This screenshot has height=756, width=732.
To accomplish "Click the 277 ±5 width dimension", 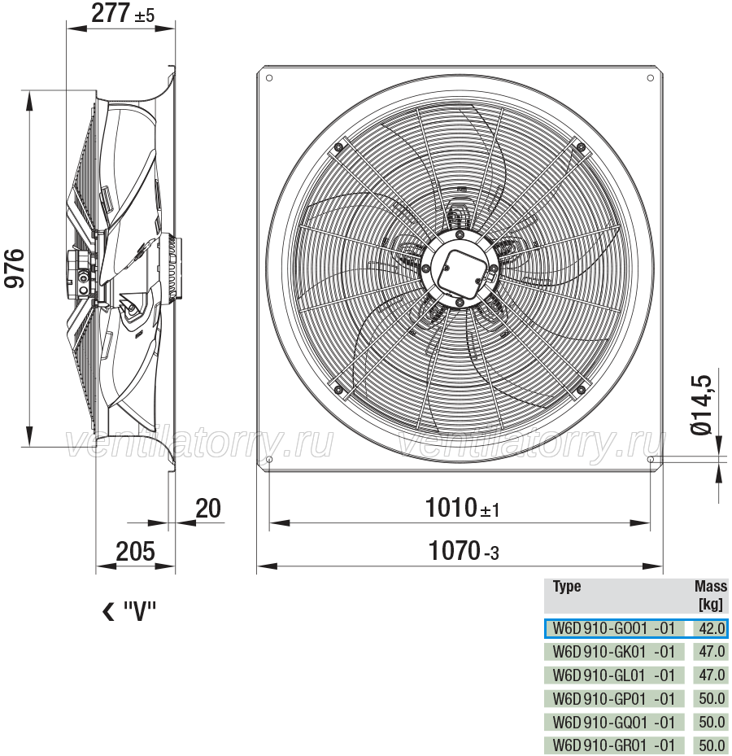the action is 123,13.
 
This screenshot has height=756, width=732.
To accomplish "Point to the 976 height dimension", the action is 14,269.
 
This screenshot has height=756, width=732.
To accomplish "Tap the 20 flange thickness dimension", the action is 208,508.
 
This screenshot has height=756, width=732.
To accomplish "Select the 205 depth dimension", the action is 135,551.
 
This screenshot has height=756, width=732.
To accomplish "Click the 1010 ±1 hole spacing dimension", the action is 463,508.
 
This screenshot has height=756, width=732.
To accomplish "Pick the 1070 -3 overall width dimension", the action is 464,551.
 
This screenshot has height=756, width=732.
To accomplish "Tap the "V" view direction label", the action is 129,611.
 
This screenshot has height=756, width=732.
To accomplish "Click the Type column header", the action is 567,586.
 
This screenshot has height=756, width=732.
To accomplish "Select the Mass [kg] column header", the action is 710,595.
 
